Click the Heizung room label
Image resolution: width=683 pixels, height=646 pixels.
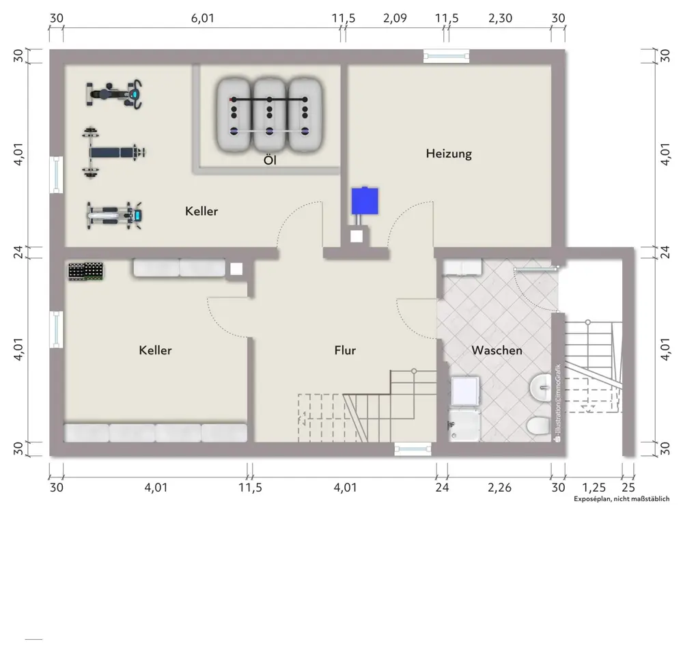tap(449, 154)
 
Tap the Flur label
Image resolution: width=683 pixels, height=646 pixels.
tap(345, 350)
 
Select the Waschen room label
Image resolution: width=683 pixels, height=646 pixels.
tap(497, 350)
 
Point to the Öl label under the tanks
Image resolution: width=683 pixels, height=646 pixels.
tap(270, 160)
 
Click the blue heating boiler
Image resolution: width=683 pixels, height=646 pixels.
tap(365, 201)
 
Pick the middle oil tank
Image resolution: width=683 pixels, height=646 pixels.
tap(270, 115)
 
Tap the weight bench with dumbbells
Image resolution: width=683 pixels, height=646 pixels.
tap(113, 152)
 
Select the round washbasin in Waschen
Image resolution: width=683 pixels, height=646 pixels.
tap(542, 387)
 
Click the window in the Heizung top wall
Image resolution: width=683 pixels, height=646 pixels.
tap(447, 56)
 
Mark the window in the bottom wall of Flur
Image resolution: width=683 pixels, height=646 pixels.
tap(413, 449)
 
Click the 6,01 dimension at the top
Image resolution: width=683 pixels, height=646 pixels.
tap(203, 18)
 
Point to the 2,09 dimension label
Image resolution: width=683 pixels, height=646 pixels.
tap(395, 18)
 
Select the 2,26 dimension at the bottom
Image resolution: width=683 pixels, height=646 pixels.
tap(499, 487)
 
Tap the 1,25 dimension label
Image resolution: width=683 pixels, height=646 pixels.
tap(594, 487)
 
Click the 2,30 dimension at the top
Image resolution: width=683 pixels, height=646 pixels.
tap(500, 18)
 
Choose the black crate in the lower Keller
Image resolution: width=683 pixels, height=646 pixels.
tap(86, 271)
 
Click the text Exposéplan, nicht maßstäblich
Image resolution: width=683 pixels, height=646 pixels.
tap(622, 498)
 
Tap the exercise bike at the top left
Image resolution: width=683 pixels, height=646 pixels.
tap(114, 94)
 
